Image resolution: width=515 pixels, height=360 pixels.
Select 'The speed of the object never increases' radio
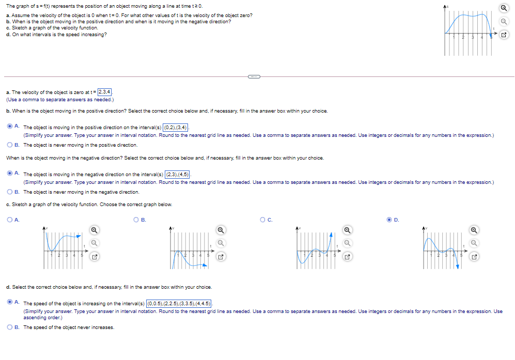tap(10, 327)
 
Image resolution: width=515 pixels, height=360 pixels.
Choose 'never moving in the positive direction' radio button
tap(10, 145)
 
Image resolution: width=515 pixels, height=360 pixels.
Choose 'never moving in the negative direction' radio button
tap(10, 192)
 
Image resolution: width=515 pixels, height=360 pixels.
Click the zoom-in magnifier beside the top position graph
tap(504, 9)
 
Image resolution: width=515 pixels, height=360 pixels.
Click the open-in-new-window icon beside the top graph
tap(504, 35)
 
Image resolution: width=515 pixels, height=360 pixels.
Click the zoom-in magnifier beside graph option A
tap(93, 230)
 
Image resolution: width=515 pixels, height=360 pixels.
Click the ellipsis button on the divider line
tap(254, 77)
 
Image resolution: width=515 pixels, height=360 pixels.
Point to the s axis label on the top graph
tap(448, 5)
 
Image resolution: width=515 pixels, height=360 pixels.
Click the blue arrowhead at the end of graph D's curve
tap(457, 266)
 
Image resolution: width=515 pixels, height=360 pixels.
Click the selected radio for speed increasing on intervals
tap(10, 303)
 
